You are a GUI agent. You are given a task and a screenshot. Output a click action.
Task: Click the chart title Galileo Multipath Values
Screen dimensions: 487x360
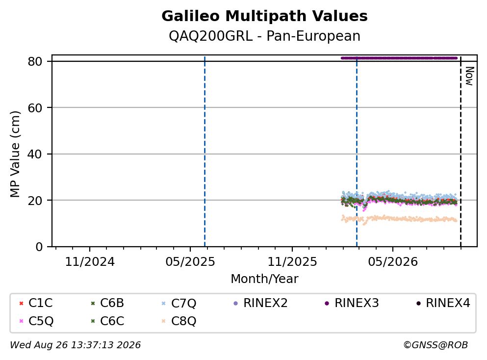[x=264, y=16]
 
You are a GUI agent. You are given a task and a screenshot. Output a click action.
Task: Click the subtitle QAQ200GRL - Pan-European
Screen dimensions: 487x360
[x=264, y=36]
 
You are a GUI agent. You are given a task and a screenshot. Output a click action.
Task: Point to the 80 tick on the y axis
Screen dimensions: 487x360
[x=35, y=61]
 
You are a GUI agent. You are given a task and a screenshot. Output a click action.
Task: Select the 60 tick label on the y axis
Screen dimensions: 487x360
[x=35, y=108]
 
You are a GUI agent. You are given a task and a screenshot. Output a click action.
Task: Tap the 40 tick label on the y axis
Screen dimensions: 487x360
[x=35, y=154]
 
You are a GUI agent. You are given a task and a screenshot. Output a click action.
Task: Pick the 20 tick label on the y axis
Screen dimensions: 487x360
[x=35, y=200]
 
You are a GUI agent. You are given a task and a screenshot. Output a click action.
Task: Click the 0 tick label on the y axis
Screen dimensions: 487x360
[x=39, y=247]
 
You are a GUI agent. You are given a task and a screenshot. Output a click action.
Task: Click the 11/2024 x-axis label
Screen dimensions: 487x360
[x=90, y=262]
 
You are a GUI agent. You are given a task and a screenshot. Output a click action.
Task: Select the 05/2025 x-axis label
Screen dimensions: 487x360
[x=190, y=262]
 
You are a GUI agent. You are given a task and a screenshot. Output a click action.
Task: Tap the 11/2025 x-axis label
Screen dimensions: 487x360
[x=292, y=262]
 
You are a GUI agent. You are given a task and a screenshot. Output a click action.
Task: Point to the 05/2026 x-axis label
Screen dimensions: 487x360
[x=393, y=262]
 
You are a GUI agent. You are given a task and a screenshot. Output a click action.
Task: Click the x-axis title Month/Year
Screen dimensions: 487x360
[x=264, y=279]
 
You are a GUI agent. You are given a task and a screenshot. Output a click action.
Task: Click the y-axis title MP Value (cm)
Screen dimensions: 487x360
[x=15, y=154]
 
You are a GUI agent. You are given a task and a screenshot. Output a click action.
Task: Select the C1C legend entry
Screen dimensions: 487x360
[x=36, y=303]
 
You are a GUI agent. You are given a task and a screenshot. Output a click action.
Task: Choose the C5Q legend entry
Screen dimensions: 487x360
[x=36, y=321]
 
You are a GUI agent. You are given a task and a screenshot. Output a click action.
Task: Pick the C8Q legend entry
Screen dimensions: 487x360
[x=179, y=321]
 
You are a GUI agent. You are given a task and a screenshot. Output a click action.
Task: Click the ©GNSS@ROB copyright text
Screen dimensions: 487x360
[x=436, y=345]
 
